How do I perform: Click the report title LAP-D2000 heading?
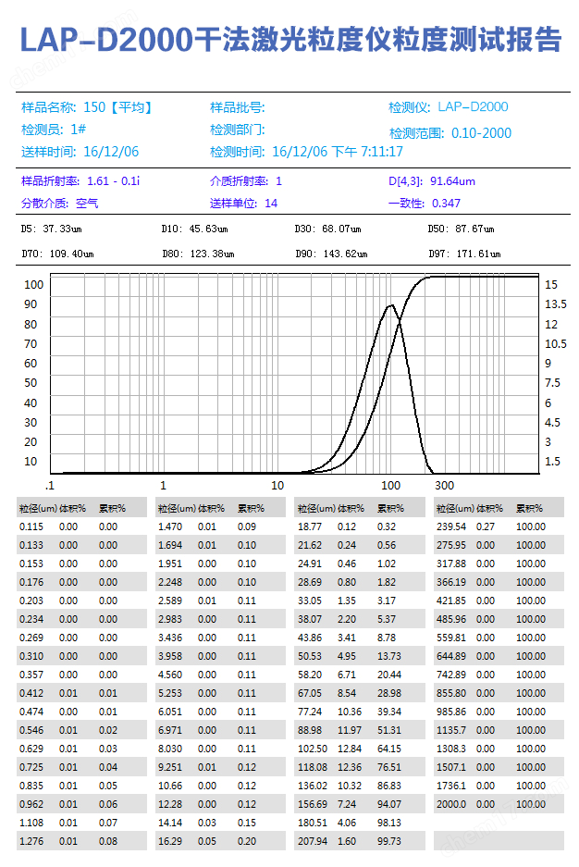coord(289,39)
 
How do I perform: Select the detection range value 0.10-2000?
coord(481,133)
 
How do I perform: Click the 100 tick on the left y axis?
coord(31,285)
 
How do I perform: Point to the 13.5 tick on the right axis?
coord(556,303)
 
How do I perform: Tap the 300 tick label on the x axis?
coord(445,486)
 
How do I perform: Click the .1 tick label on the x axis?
coord(50,486)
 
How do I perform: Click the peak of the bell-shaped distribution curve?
coord(391,305)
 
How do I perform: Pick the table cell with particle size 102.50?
coord(313,749)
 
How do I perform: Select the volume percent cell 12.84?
coord(348,749)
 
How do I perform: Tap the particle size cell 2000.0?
coord(451,804)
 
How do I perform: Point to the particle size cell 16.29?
coord(171,841)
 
